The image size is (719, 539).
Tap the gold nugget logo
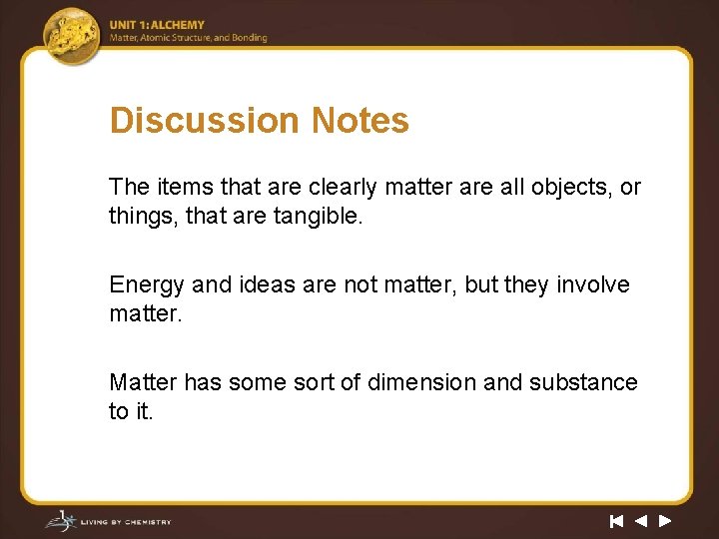pyautogui.click(x=72, y=35)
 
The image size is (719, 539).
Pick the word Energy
pyautogui.click(x=147, y=285)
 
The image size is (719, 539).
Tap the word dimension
pyautogui.click(x=422, y=382)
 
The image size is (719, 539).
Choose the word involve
pyautogui.click(x=593, y=285)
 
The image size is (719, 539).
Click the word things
pyautogui.click(x=139, y=215)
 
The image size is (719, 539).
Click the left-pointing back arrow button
pyautogui.click(x=640, y=521)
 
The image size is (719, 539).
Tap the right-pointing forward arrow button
pyautogui.click(x=665, y=521)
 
